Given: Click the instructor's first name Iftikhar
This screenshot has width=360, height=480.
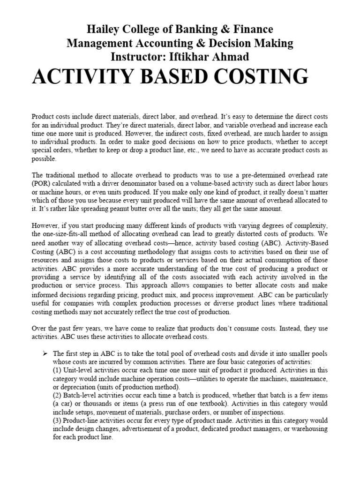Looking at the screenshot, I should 182,57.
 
